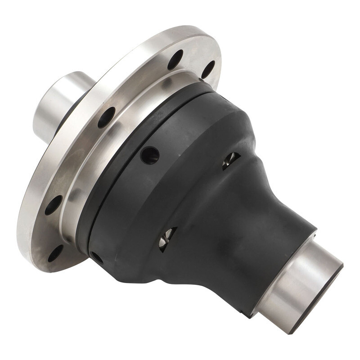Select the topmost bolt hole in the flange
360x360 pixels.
[175, 59]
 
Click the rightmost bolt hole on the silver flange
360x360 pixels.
[208, 69]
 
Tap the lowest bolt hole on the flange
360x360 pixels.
[55, 253]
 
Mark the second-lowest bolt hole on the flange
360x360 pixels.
[53, 205]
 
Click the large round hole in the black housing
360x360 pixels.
[150, 155]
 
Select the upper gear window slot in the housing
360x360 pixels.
[231, 160]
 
